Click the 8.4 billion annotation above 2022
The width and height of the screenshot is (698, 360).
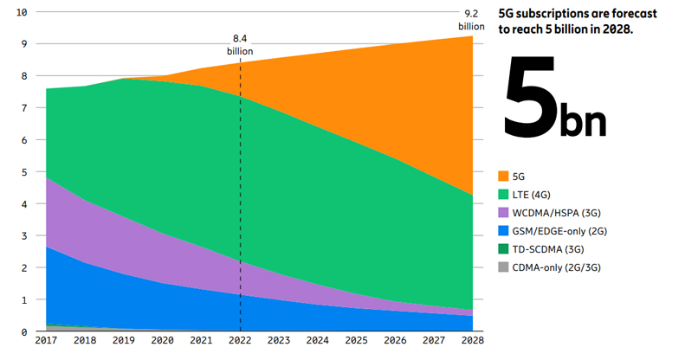(240, 45)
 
